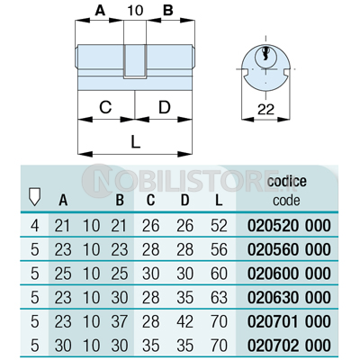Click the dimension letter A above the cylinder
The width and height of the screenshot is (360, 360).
100,11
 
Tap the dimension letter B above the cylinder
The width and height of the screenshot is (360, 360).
168,11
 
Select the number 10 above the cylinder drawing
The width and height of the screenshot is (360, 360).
135,11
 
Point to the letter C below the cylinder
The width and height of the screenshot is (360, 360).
105,107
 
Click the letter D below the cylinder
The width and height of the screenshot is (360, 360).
165,107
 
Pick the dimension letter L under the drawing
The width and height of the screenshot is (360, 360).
136,141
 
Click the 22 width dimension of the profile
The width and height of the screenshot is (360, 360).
265,110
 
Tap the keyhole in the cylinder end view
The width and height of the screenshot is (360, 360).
265,55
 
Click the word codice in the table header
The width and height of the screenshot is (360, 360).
287,181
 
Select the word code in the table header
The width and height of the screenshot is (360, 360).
286,200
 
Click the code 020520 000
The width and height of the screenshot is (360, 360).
289,226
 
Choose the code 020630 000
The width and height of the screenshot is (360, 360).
289,297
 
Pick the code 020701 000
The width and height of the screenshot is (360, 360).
289,321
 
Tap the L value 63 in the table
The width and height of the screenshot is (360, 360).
219,297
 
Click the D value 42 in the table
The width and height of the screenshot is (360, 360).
184,321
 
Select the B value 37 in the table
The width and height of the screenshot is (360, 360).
120,321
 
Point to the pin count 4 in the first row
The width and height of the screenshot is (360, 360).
35,226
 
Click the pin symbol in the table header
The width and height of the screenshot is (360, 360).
34,197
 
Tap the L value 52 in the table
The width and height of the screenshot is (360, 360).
219,226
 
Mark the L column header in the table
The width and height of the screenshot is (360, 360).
219,200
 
